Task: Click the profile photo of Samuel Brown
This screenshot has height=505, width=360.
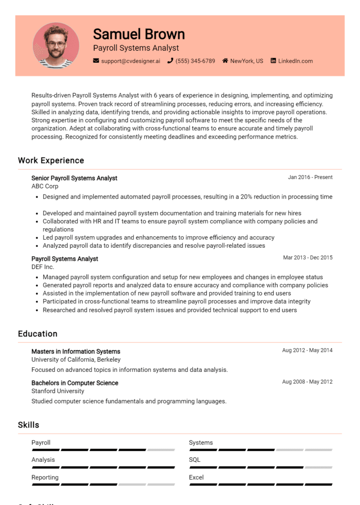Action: [56, 45]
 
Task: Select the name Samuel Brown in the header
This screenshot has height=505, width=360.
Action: [139, 34]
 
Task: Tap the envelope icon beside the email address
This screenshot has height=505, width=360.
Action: [96, 61]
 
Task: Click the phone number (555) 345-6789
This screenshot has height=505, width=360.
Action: [195, 61]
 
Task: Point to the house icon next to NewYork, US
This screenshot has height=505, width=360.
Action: [225, 61]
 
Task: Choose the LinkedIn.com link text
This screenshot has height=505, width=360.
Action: [295, 61]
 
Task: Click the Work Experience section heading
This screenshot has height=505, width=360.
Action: [51, 161]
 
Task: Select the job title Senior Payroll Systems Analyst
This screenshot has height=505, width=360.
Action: [74, 178]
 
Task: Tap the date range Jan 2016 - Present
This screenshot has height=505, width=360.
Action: [310, 178]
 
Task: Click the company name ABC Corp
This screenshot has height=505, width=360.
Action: [45, 186]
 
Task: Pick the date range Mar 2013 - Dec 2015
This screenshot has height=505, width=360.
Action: [307, 258]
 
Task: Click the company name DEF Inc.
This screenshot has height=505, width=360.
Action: [43, 267]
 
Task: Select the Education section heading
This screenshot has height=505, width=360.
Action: [37, 334]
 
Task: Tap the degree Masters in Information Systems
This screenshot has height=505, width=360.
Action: [75, 351]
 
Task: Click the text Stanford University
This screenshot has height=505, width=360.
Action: [58, 391]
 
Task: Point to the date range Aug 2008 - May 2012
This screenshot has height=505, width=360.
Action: [307, 382]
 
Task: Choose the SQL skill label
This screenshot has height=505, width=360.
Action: [195, 460]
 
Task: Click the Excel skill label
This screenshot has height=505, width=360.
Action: [196, 477]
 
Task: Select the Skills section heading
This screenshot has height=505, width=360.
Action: [29, 425]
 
